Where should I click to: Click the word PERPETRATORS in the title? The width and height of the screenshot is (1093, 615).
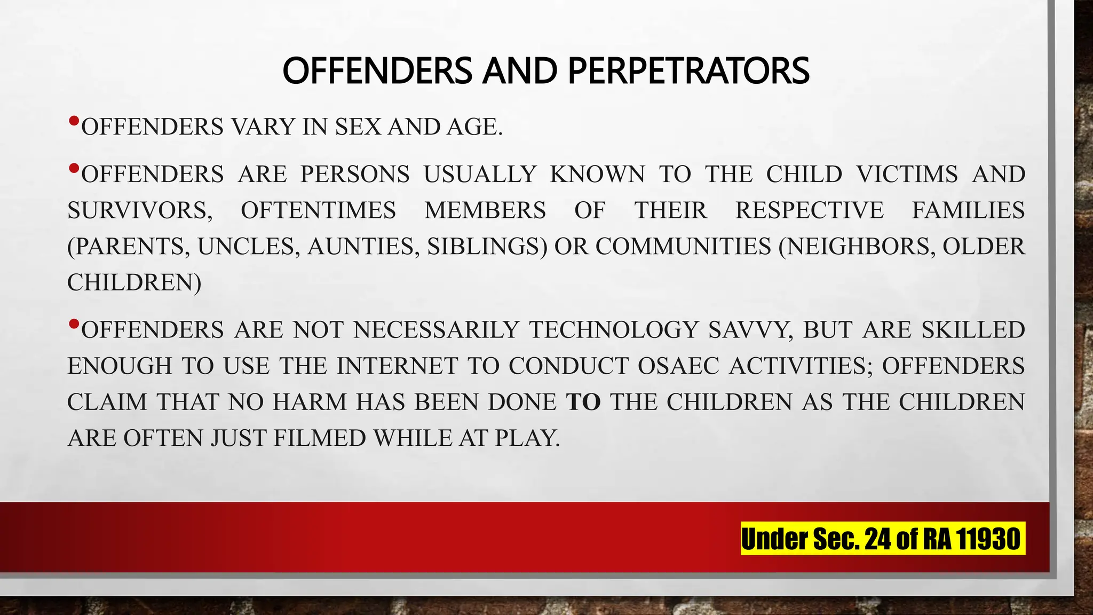click(688, 70)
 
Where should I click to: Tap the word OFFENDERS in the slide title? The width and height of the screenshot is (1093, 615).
click(377, 70)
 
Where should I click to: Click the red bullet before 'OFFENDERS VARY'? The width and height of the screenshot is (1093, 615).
click(74, 121)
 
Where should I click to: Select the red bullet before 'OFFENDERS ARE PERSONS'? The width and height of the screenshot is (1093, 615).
click(74, 169)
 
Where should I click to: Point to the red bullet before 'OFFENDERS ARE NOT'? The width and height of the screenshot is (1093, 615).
click(74, 324)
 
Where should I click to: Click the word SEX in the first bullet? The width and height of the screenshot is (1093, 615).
click(358, 127)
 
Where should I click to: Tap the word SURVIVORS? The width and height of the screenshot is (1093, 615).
click(139, 210)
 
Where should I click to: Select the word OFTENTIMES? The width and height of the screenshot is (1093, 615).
click(318, 210)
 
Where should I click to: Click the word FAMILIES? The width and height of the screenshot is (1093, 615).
click(968, 210)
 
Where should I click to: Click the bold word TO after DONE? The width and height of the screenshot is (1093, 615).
click(583, 402)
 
